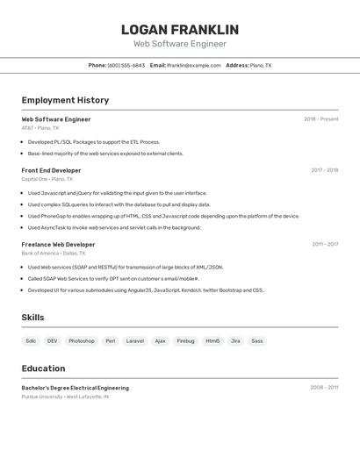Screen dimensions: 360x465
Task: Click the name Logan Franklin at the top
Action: click(x=179, y=30)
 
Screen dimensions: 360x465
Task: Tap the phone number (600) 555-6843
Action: click(x=126, y=65)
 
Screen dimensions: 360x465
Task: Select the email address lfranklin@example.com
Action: click(x=193, y=65)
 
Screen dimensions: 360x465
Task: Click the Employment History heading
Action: click(x=65, y=100)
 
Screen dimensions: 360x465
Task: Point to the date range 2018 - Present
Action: click(x=320, y=119)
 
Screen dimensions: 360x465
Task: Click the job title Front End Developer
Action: click(x=51, y=170)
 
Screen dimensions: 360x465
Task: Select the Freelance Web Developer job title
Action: click(x=58, y=245)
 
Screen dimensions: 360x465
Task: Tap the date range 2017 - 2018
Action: click(x=324, y=170)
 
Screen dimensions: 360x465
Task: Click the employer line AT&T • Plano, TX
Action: click(x=40, y=128)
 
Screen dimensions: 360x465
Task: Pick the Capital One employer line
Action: click(x=47, y=179)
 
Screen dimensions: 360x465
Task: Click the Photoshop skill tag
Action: click(x=82, y=340)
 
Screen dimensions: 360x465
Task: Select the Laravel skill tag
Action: click(x=135, y=340)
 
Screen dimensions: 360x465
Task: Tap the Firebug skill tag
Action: click(x=185, y=340)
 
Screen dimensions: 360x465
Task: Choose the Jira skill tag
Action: click(x=235, y=340)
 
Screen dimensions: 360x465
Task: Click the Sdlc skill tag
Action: click(x=31, y=340)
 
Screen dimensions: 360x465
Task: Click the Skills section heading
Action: click(x=33, y=318)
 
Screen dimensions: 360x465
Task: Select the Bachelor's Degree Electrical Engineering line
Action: click(x=75, y=388)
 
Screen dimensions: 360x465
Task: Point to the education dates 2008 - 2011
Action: click(x=324, y=387)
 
